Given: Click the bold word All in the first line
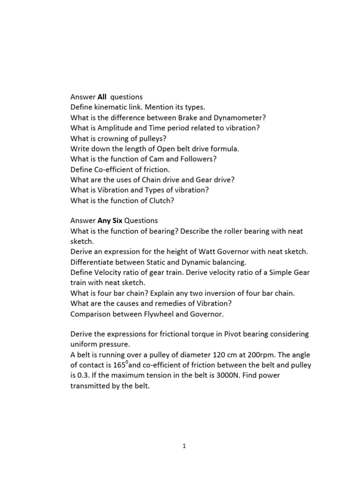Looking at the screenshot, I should point(102,97).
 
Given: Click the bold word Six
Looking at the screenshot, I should point(117,220).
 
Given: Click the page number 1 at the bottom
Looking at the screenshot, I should point(185,446).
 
